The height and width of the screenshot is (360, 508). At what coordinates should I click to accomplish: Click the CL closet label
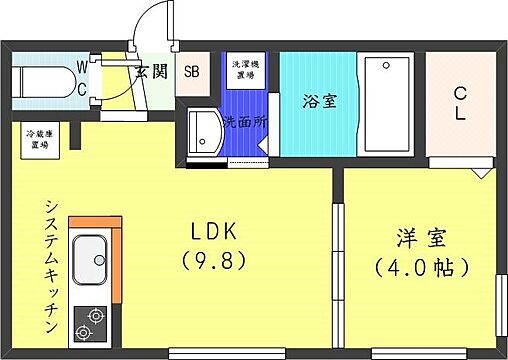(x=460, y=103)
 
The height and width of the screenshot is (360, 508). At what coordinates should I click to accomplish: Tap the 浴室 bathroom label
(x=318, y=100)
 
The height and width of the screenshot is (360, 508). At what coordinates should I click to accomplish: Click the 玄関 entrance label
(x=151, y=71)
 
